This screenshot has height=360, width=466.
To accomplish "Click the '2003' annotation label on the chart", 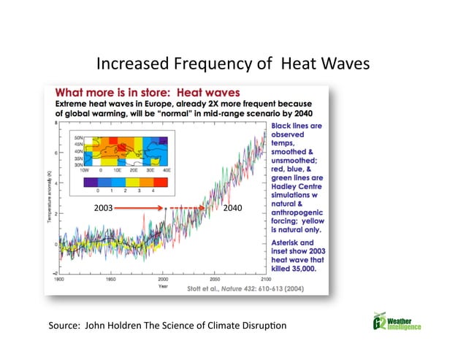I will (x=104, y=208).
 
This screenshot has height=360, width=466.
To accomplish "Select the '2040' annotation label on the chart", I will (x=233, y=208).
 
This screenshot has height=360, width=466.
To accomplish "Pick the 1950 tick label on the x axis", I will (x=111, y=279).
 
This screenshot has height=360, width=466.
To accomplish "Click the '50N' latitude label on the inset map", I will (x=80, y=137).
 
